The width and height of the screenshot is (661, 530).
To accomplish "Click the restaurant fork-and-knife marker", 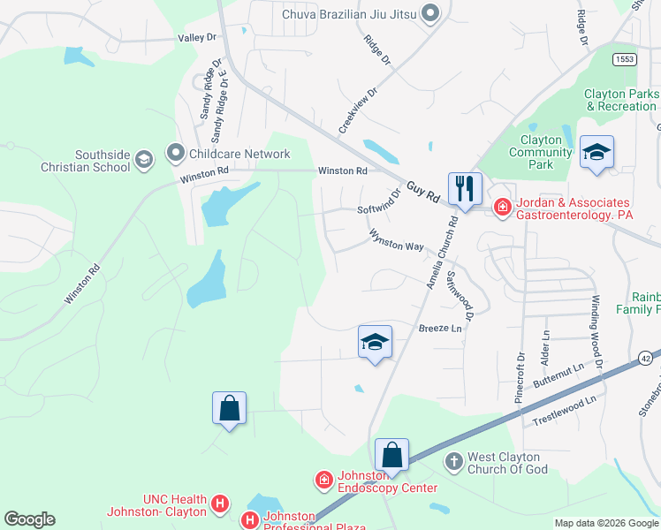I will click(463, 188).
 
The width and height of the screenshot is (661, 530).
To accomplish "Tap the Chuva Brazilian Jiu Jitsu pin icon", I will click(430, 12).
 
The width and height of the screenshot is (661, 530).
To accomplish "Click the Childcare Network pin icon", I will click(175, 154).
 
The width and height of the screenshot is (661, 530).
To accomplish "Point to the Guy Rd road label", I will click(423, 193).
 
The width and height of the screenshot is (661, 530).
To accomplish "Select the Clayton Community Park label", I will click(541, 152).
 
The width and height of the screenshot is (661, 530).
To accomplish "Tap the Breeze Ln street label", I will click(440, 329).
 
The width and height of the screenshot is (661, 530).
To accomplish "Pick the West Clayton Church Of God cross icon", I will click(453, 461).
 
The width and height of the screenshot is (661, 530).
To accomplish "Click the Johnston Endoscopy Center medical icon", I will click(324, 480).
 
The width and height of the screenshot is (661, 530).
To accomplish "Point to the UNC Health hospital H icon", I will click(220, 505).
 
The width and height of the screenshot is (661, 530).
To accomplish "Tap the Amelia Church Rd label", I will click(443, 254).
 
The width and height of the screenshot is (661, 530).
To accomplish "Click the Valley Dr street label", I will click(197, 38).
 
